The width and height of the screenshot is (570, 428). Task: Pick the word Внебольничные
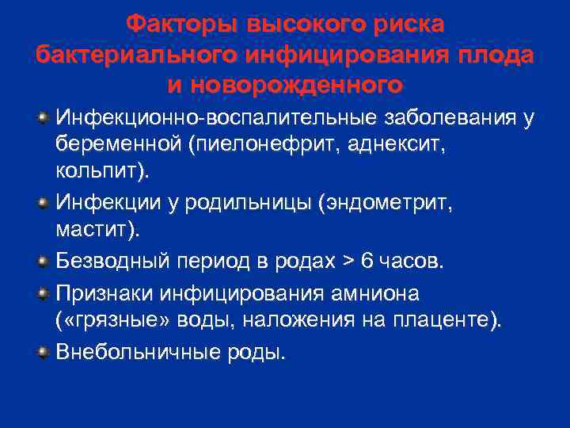point(131,351)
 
